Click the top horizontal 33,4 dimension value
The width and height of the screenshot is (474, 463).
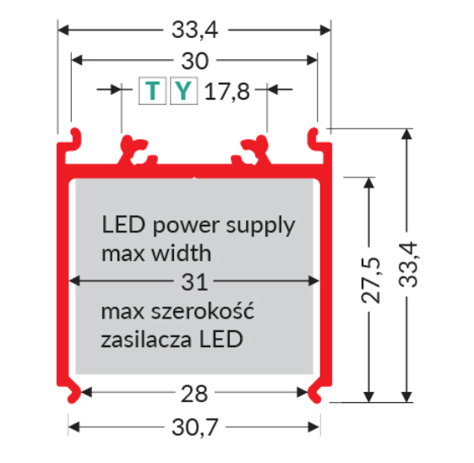(x=194, y=30)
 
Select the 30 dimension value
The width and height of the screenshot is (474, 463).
(x=194, y=61)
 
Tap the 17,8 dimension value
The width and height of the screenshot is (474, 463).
(x=227, y=91)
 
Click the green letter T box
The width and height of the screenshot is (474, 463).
(x=152, y=90)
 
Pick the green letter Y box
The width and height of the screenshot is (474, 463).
(x=184, y=90)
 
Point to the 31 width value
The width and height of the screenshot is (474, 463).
(x=194, y=282)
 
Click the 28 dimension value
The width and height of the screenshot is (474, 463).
(x=194, y=394)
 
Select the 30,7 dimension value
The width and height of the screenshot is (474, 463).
(x=194, y=428)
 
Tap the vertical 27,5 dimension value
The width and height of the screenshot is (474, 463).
(x=371, y=281)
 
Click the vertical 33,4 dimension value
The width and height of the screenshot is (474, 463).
(x=408, y=264)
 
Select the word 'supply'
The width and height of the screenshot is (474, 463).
(x=260, y=226)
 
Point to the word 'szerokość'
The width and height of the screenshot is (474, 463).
(x=202, y=311)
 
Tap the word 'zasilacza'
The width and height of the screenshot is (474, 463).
(x=146, y=340)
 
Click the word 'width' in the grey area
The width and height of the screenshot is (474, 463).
(x=182, y=253)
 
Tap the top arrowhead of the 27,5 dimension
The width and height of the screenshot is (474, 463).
(x=369, y=183)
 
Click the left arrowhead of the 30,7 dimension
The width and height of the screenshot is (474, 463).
(x=74, y=427)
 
